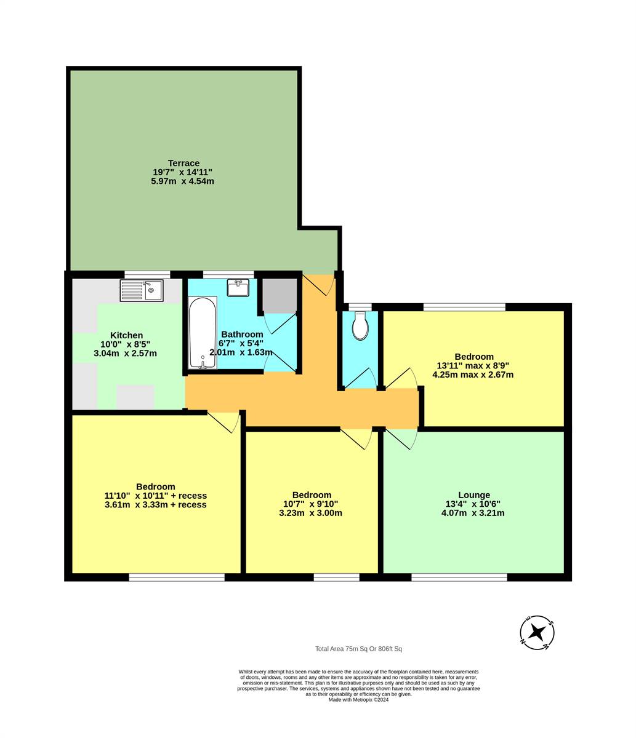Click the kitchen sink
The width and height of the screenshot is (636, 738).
(x=142, y=290)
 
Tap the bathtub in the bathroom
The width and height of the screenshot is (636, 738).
(x=203, y=333)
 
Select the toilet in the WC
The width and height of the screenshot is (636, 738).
(x=360, y=325)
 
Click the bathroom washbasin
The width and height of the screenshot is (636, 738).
(x=238, y=287)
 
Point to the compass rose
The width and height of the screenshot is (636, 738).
(x=537, y=633)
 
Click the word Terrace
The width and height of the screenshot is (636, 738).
(x=183, y=163)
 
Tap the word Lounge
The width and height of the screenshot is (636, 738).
(x=474, y=495)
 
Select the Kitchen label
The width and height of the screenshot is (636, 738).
(x=127, y=335)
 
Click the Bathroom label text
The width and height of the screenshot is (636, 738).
(x=242, y=334)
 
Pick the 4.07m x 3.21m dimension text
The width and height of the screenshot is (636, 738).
(x=473, y=513)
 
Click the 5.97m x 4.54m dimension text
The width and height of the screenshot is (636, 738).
(x=182, y=181)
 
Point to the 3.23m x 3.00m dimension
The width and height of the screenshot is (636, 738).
(x=311, y=513)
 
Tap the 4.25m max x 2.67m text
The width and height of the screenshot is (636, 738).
(x=473, y=375)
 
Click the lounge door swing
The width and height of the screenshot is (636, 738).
(x=401, y=438)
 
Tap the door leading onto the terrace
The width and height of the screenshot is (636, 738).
(x=318, y=285)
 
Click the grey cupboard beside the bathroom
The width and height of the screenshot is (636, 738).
(x=280, y=295)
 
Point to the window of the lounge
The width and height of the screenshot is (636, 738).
(x=459, y=577)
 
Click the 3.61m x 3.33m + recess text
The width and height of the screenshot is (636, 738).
(x=156, y=504)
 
